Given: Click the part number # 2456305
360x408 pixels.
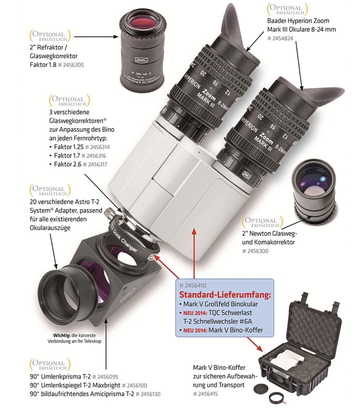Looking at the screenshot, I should [74, 65].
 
